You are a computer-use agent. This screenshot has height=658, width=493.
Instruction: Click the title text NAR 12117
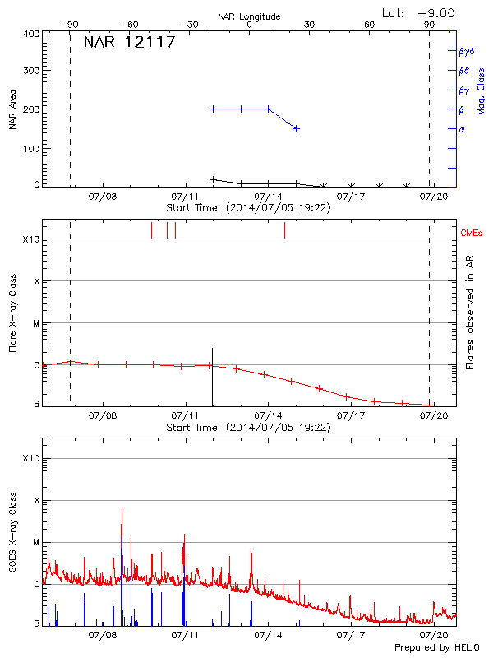coord(129,43)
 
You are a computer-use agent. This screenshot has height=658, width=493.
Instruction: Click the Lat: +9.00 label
coord(419,12)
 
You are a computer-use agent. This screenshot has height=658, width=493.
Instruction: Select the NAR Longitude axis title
coord(249,16)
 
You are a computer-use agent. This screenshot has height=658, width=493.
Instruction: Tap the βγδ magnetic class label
coord(467,51)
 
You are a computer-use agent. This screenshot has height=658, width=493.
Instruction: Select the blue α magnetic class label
coord(461,129)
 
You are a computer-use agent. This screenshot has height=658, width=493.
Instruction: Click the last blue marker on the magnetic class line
coord(296,128)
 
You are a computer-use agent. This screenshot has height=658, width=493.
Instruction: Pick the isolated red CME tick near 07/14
coord(284,230)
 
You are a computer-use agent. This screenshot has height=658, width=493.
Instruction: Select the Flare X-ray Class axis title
coord(12,315)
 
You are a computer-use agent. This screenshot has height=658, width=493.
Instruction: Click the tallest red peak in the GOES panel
coord(122,510)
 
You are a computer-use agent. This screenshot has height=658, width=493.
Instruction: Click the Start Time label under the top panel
coord(248,208)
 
